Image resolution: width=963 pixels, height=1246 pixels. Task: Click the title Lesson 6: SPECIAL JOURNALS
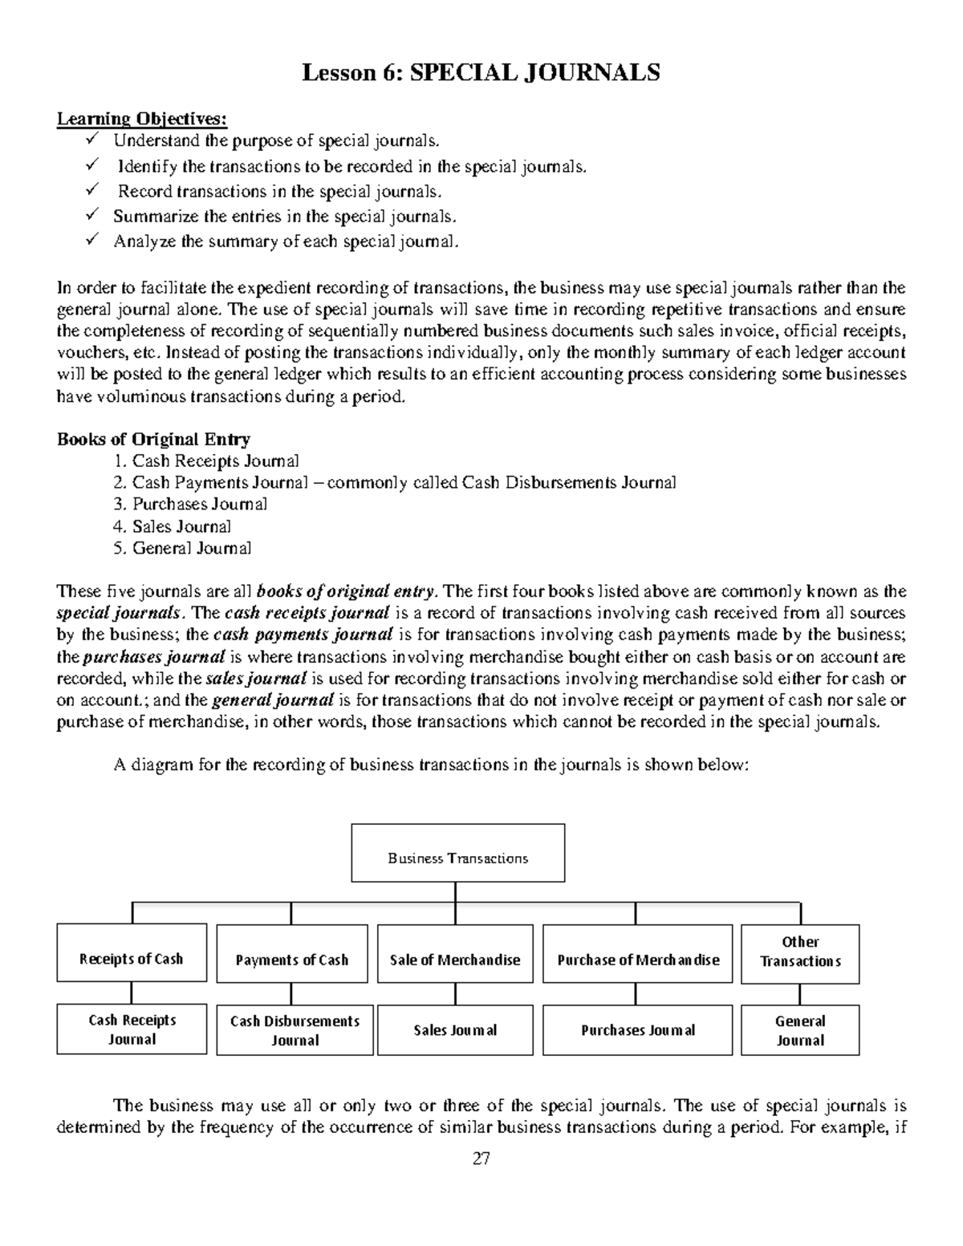481,73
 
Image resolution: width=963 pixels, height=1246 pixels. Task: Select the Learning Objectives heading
142,119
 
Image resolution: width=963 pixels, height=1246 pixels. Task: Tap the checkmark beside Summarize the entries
92,215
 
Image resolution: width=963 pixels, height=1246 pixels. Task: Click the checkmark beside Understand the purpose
92,140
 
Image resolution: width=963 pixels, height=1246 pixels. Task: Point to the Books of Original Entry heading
153,439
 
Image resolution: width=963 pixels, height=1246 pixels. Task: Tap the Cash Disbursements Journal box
295,1030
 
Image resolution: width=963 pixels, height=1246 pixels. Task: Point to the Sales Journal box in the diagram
455,1030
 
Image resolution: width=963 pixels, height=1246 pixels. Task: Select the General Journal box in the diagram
800,1030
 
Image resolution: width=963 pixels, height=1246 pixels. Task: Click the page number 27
481,1159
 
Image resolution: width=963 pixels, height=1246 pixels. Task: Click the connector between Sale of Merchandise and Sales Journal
455,994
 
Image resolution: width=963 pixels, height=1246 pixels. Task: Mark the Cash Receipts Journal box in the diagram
132,1029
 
